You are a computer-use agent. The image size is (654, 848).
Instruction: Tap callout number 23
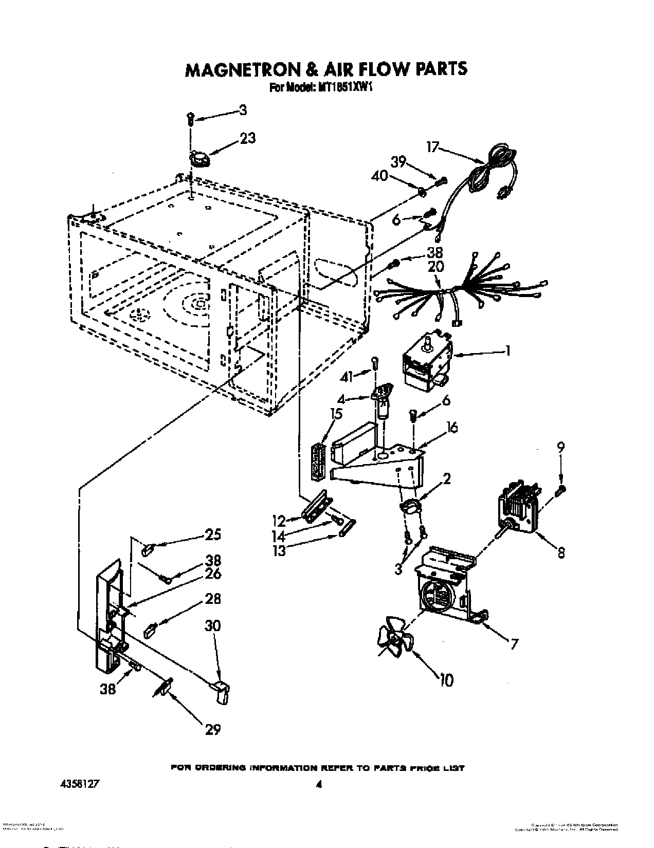247,138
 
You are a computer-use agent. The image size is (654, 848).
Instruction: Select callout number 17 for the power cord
432,148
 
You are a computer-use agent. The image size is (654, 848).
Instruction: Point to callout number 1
507,351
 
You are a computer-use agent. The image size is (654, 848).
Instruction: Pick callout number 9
560,447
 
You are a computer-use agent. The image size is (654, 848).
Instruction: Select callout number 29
212,729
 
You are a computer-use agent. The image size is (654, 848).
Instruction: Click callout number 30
212,626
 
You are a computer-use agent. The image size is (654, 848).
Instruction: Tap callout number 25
212,535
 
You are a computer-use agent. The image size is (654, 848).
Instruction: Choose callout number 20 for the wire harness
435,267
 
